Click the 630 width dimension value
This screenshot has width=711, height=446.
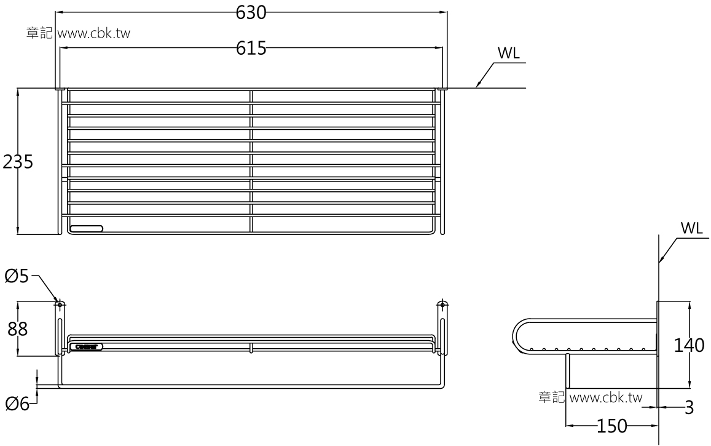[251, 12]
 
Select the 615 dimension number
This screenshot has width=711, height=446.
[251, 49]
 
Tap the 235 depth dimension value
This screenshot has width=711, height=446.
[18, 162]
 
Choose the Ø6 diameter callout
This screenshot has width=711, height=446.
[17, 404]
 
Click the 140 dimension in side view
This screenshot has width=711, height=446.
[688, 346]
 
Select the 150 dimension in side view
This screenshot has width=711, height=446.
[611, 426]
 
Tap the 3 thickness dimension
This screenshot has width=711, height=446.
[689, 407]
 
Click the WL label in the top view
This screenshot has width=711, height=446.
[508, 54]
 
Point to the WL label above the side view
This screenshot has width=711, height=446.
[691, 228]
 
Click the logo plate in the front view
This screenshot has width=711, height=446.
[87, 346]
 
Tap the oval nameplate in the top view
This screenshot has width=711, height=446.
[87, 229]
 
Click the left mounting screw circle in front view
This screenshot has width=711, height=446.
[60, 305]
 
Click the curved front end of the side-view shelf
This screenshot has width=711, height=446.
[517, 337]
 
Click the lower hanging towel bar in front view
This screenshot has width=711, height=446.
[251, 386]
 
